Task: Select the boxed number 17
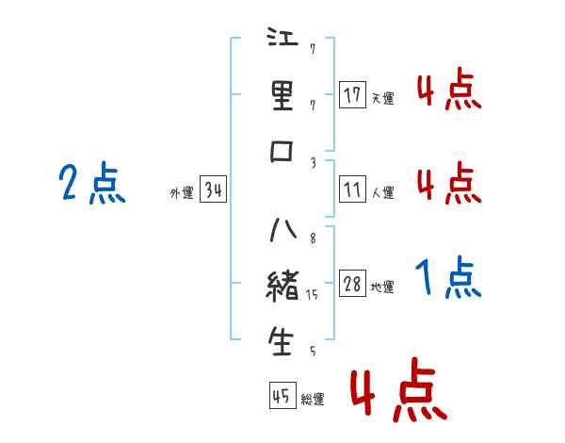click(x=352, y=95)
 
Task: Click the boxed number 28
click(x=352, y=285)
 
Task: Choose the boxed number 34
click(x=213, y=191)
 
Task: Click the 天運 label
click(x=382, y=98)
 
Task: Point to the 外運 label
click(x=182, y=194)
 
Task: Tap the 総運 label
click(x=313, y=400)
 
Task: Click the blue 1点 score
click(x=448, y=278)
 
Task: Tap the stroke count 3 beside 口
click(x=314, y=161)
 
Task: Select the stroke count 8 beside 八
click(x=313, y=238)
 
